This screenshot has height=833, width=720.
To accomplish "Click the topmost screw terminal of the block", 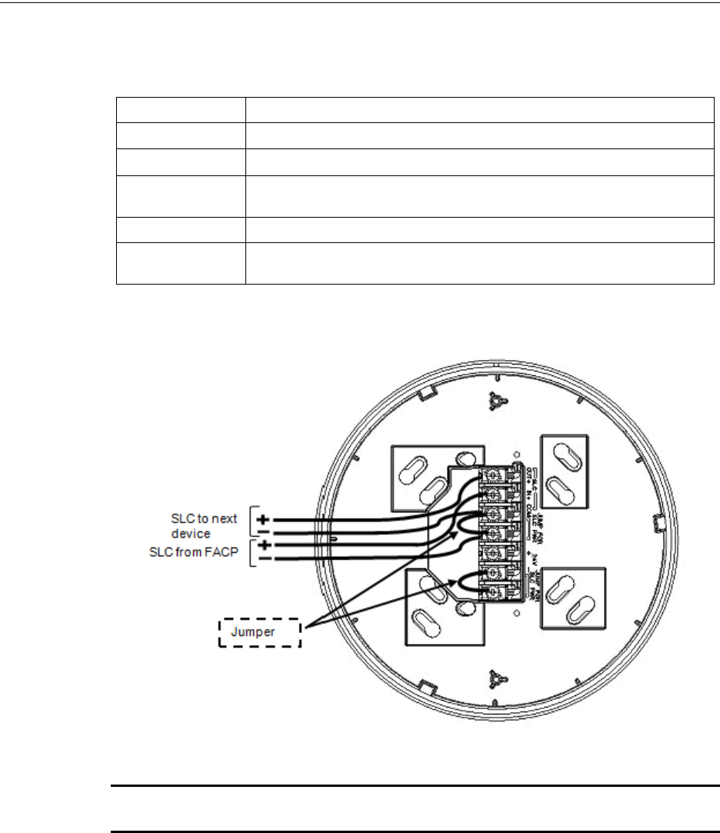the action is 489,477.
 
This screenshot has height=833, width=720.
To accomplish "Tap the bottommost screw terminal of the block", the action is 489,593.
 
